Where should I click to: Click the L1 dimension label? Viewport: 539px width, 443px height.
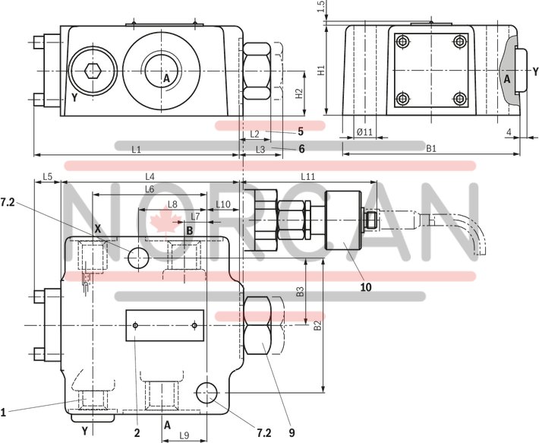click(x=136, y=150)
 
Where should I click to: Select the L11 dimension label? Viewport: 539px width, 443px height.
click(x=307, y=176)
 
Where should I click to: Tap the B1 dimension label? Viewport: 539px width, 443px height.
click(x=430, y=149)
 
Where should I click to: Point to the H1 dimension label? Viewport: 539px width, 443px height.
click(x=321, y=70)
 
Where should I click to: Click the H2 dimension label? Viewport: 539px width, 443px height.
click(x=300, y=93)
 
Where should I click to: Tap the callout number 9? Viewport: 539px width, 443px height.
click(x=290, y=433)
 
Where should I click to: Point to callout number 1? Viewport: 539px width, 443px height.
click(x=4, y=413)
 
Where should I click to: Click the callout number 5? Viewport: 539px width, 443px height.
click(x=301, y=131)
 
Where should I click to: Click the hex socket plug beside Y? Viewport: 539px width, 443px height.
click(x=93, y=71)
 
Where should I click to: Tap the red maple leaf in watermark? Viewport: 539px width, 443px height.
click(x=162, y=221)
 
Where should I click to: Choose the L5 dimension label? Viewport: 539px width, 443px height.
click(x=47, y=176)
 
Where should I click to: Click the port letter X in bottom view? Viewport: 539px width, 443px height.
click(x=97, y=228)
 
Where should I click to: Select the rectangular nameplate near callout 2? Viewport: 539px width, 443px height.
click(x=165, y=325)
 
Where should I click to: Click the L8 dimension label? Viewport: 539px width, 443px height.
click(x=172, y=204)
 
